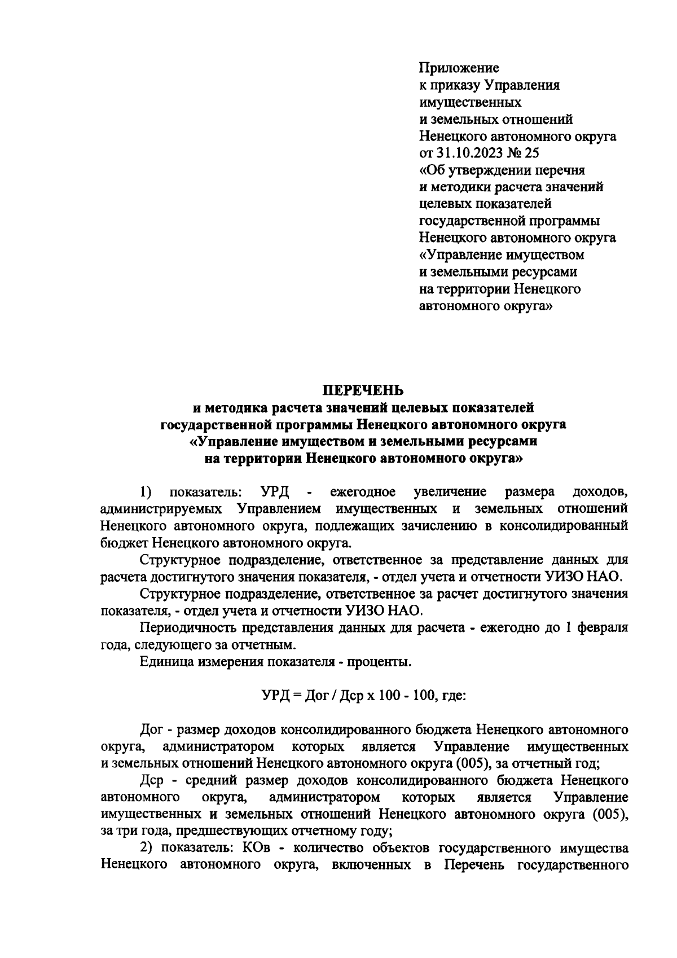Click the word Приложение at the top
coord(459,69)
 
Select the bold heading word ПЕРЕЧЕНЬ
coord(363,390)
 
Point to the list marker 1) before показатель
coord(146,492)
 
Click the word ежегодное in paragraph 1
coord(362,492)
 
